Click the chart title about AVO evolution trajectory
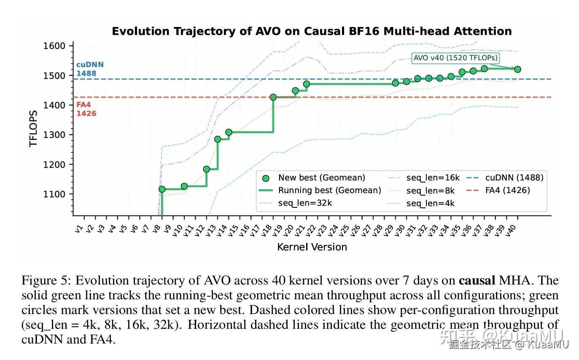312,31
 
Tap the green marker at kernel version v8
162,189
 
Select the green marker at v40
517,69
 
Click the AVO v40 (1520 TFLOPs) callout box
455,58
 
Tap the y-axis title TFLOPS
33,129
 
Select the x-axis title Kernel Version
312,247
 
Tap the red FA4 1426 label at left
86,109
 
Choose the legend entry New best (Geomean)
321,178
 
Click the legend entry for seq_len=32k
305,203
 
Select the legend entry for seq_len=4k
431,203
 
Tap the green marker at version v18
273,97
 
